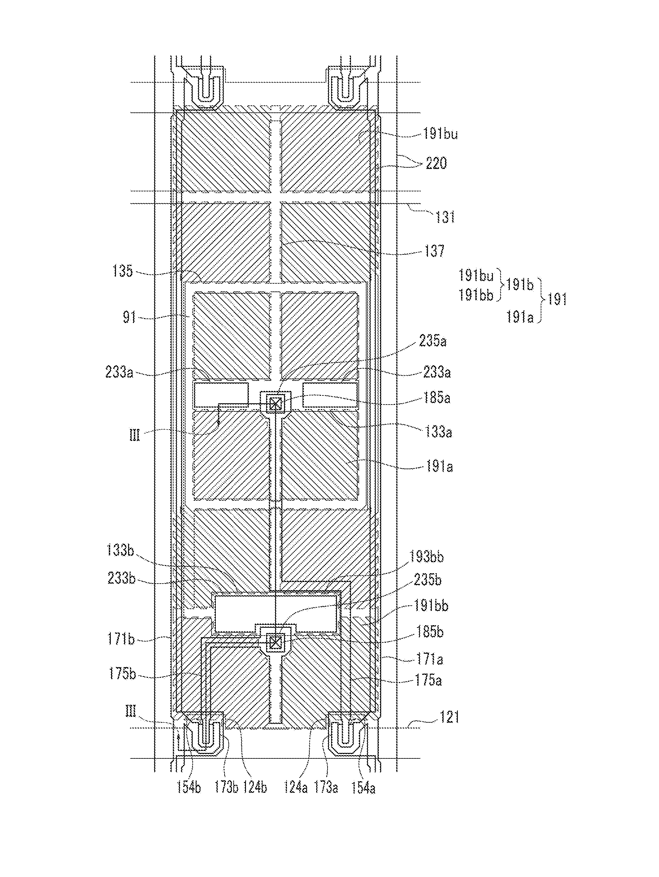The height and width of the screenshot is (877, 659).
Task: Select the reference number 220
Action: (436, 163)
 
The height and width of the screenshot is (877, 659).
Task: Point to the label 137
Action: (434, 251)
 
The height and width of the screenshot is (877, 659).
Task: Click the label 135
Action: (122, 271)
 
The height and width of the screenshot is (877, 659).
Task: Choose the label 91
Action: (129, 317)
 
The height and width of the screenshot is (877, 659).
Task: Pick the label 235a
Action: (433, 341)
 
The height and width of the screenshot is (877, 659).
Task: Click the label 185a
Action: (436, 398)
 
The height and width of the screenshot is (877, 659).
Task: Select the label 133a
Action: (438, 432)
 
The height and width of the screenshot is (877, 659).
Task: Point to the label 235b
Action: (427, 580)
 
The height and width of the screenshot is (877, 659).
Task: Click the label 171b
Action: (121, 639)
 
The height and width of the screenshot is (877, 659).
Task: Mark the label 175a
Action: (428, 680)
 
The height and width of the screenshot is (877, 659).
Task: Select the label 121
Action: (449, 717)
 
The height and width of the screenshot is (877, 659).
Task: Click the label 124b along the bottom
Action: (254, 787)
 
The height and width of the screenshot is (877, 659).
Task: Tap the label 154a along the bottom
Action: (363, 788)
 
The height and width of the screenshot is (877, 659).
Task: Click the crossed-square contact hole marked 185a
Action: (275, 404)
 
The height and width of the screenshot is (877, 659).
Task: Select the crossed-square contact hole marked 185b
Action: (275, 641)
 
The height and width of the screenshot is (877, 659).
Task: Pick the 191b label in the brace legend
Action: (519, 285)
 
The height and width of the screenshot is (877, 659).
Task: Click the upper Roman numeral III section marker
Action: (135, 436)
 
